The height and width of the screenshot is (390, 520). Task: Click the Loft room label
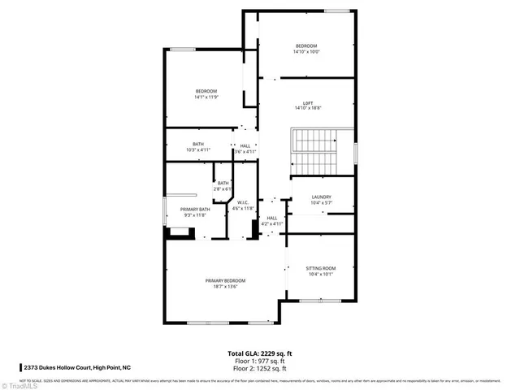pos(307,102)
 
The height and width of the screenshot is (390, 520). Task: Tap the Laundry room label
pos(321,197)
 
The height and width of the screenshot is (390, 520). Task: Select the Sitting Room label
pos(320,268)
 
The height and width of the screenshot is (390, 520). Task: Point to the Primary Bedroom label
pos(225,280)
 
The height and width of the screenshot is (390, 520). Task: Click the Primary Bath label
pos(194,210)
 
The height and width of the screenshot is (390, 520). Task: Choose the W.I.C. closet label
pos(244,203)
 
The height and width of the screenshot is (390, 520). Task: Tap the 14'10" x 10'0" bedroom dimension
pos(307,50)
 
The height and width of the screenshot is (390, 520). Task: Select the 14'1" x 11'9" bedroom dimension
pos(206,97)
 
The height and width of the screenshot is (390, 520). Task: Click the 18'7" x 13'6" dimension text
pos(225,286)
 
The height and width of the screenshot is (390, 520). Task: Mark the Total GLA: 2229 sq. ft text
pos(260,353)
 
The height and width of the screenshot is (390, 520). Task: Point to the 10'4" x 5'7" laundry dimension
pos(321,202)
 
